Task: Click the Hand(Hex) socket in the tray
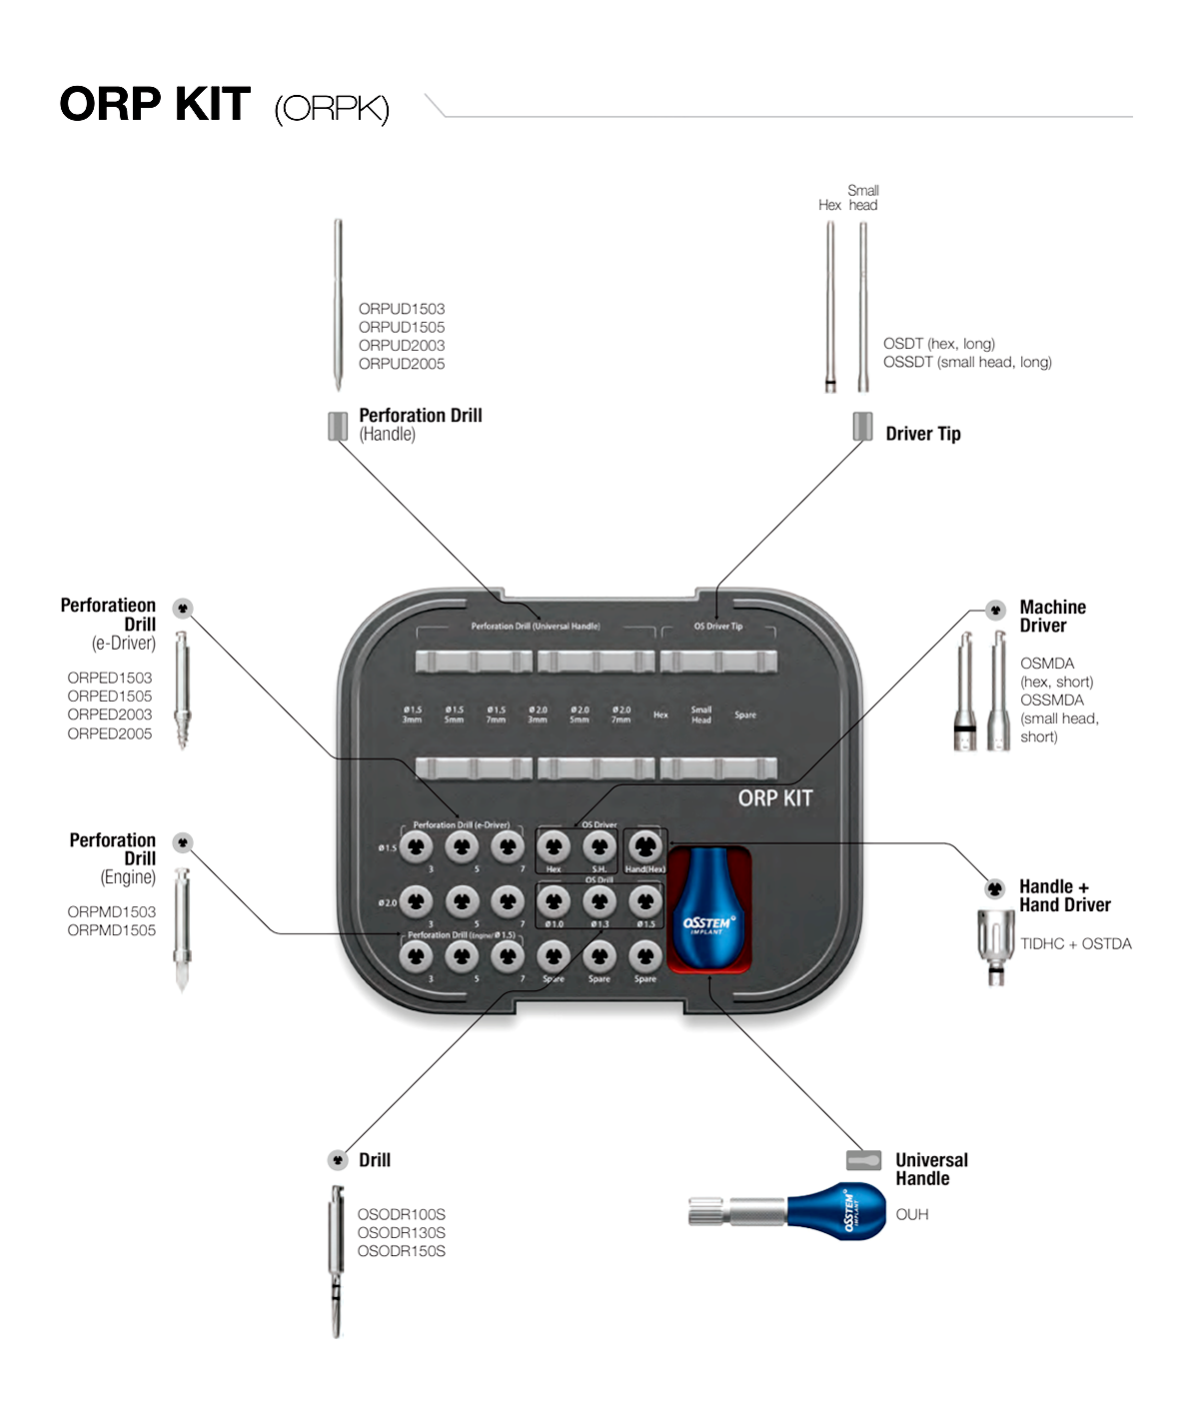645,847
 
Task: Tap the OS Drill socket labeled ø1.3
599,901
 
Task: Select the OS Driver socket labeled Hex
554,847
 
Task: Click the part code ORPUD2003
402,346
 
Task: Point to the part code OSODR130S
402,1233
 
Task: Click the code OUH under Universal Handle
912,1215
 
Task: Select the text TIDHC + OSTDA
1076,944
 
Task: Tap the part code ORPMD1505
112,930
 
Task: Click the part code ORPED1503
110,679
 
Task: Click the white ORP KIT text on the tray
775,798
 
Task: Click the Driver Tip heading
923,434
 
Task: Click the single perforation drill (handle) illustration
338,305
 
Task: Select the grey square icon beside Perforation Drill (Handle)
338,426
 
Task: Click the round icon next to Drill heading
338,1160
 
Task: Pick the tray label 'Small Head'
701,714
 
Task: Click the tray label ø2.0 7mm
621,714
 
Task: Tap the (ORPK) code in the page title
332,108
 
